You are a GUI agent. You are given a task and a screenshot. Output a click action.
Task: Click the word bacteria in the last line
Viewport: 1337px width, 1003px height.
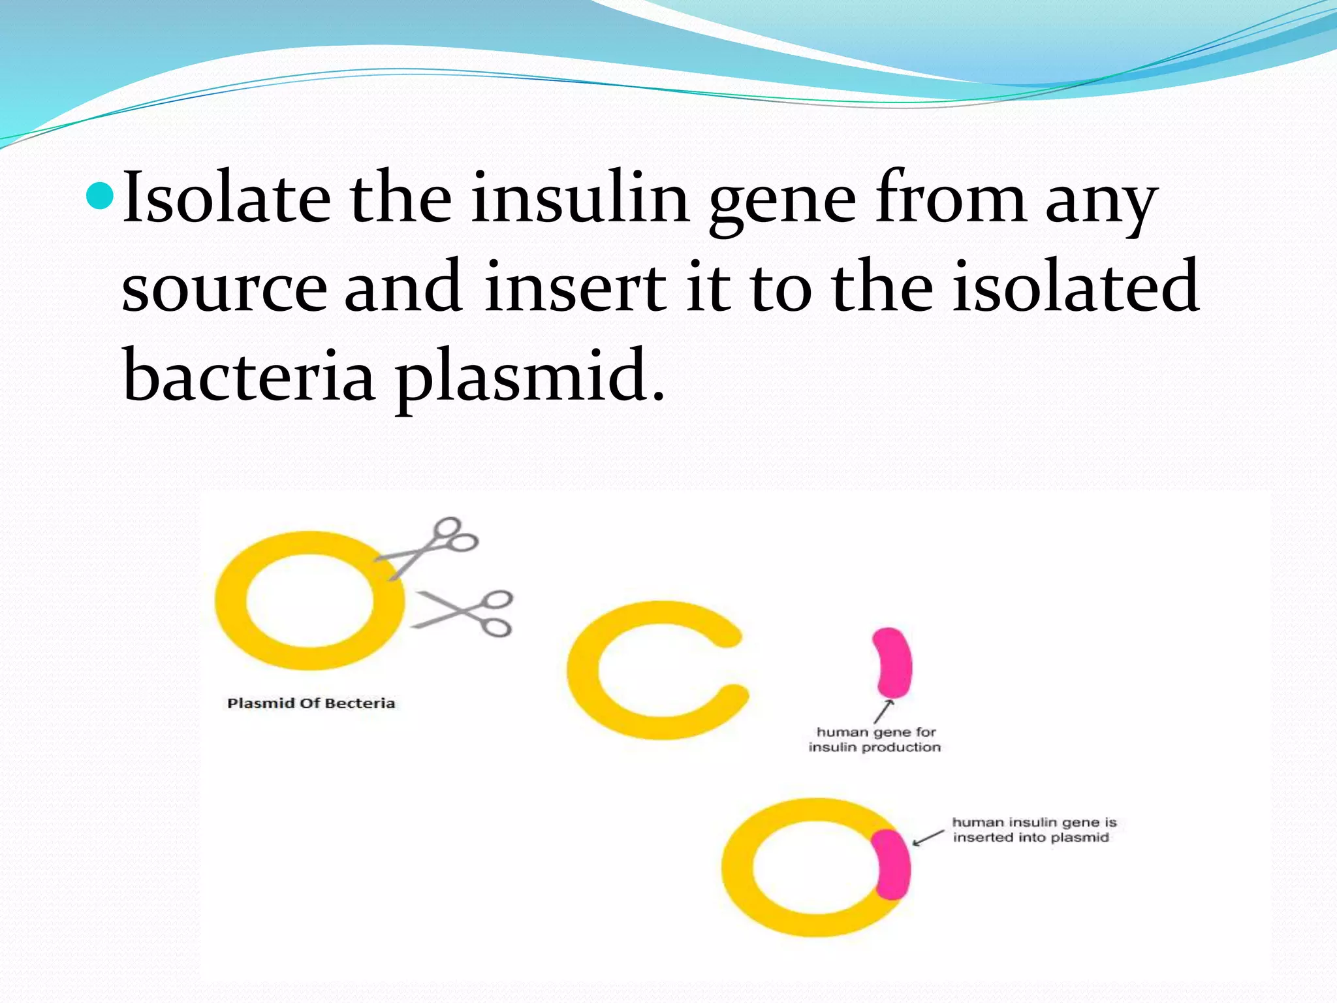248,375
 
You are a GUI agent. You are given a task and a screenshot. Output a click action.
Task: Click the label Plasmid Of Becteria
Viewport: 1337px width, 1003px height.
311,703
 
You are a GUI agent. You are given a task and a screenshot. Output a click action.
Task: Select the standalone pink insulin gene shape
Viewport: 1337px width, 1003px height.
892,662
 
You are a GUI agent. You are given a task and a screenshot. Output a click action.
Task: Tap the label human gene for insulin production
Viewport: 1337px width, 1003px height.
875,740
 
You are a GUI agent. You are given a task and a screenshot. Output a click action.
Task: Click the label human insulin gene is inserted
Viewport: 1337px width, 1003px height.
1033,830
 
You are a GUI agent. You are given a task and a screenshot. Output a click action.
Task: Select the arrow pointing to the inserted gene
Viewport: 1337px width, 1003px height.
928,838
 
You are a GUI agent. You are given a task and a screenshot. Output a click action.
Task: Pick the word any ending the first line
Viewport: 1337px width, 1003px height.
1101,202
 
